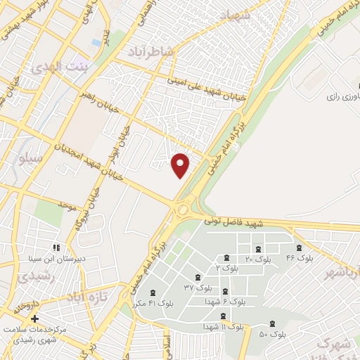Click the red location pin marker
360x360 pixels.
(x=181, y=165)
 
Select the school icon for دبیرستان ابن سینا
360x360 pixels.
(x=56, y=247)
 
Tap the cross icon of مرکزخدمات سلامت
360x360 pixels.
(x=34, y=319)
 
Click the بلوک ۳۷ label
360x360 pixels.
(x=198, y=288)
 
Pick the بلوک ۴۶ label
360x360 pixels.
(x=299, y=258)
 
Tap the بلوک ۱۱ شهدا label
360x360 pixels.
(x=224, y=327)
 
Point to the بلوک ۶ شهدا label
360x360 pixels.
(x=226, y=302)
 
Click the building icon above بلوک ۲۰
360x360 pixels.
(x=258, y=249)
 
